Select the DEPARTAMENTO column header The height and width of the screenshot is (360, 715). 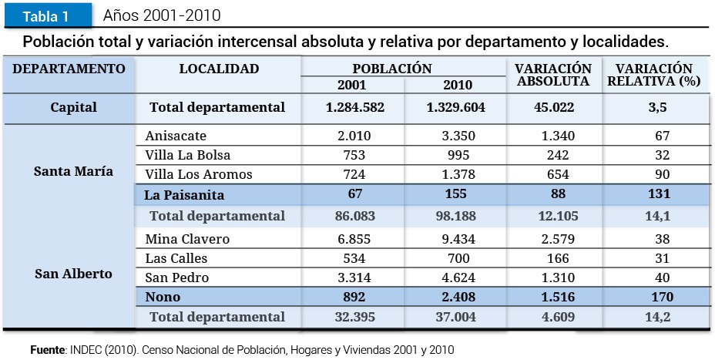click(69, 69)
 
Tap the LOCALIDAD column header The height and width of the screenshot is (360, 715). click(219, 69)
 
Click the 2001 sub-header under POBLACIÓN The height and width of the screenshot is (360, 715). click(351, 85)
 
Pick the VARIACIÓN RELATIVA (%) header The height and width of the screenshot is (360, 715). click(653, 75)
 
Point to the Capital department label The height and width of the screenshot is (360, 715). click(73, 107)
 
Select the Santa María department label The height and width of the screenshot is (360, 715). click(73, 171)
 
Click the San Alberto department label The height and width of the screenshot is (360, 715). click(73, 274)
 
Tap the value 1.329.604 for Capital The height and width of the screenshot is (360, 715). click(456, 107)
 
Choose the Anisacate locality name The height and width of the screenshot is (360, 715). click(176, 136)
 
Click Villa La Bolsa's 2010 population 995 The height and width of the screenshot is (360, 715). click(456, 155)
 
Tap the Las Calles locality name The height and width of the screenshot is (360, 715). click(176, 258)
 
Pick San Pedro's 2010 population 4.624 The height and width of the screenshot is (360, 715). click(456, 278)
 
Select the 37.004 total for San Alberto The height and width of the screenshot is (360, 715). click(456, 317)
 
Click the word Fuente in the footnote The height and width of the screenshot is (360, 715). click(47, 350)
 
